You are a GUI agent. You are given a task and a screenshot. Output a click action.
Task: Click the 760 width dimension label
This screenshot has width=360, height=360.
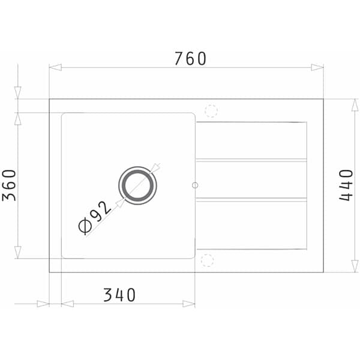[190, 59]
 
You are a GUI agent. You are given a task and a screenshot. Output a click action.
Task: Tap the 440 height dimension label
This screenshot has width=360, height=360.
[346, 185]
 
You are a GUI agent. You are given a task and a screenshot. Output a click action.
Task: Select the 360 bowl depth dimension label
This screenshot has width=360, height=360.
[9, 185]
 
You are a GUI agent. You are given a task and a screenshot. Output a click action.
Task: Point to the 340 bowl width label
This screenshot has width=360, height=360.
[119, 295]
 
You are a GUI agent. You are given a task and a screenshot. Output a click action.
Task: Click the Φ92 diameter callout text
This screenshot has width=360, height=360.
[95, 218]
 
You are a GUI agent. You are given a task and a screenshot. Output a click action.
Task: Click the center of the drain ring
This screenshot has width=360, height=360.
[138, 185]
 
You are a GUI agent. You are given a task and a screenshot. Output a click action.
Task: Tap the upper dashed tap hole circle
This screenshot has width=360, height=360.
[211, 111]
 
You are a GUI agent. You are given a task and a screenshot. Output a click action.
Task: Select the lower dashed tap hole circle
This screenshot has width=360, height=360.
[208, 260]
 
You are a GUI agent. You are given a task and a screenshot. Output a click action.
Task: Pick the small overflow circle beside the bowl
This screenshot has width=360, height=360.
[195, 185]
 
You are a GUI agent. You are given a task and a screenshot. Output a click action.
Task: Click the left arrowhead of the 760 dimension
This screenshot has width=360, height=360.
[55, 67]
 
